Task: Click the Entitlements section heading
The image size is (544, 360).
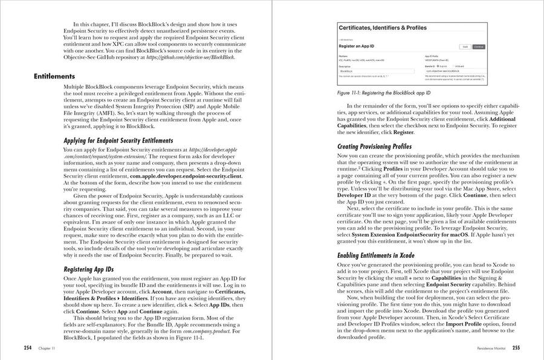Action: click(54, 77)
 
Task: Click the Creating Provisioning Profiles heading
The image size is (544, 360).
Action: click(374, 147)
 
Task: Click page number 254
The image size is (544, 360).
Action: click(28, 349)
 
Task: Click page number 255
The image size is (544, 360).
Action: click(516, 349)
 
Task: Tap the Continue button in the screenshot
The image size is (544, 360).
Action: click(479, 46)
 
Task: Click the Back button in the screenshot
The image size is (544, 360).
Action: click(465, 46)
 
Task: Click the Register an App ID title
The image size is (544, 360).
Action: click(358, 45)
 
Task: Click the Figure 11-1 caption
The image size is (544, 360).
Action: click(384, 94)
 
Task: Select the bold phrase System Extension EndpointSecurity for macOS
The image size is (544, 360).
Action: click(411, 235)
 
